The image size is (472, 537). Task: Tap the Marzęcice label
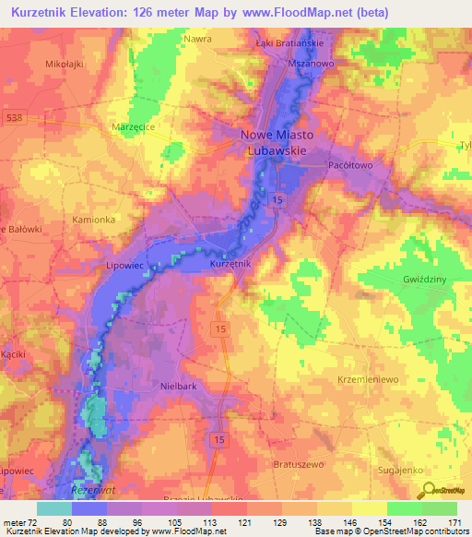(138, 131)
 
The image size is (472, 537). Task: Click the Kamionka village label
(94, 220)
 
